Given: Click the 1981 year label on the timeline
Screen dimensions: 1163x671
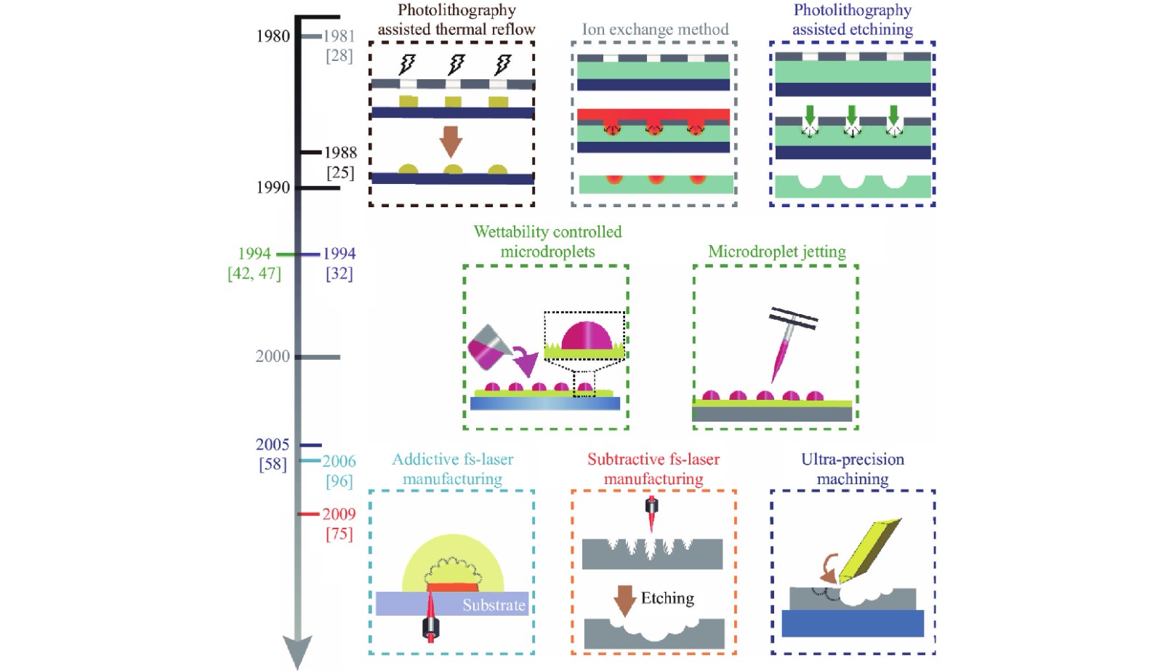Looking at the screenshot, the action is pos(339,36).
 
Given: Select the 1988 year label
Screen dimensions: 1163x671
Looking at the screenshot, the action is pos(341,153).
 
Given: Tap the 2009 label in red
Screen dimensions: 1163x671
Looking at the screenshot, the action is pos(339,514).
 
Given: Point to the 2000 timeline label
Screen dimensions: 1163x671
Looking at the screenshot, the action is pos(273,356).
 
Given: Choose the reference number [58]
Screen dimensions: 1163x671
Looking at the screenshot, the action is pos(273,464).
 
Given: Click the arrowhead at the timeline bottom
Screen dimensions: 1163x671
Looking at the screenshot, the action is pos(297,652).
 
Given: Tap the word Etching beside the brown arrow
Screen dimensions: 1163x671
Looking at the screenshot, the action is pos(667,598).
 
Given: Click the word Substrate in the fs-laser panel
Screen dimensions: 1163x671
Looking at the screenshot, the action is pos(494,605).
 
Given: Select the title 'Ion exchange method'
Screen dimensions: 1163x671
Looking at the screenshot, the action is pos(655,29).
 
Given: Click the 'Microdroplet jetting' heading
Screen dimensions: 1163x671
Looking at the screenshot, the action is pos(777,252).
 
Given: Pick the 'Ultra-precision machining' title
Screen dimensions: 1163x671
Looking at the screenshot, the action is pos(853,469).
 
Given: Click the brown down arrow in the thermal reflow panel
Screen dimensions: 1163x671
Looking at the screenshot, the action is pos(451,141).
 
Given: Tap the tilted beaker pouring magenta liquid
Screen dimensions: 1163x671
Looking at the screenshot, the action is pos(488,347).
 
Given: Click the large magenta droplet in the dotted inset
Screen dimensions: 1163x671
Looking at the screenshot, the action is pos(587,336).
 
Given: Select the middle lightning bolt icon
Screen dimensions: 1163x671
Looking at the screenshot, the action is pos(455,64).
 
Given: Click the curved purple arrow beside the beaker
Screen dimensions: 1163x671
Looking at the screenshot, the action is pos(526,361).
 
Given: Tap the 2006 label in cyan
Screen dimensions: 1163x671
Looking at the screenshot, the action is pos(339,461).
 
